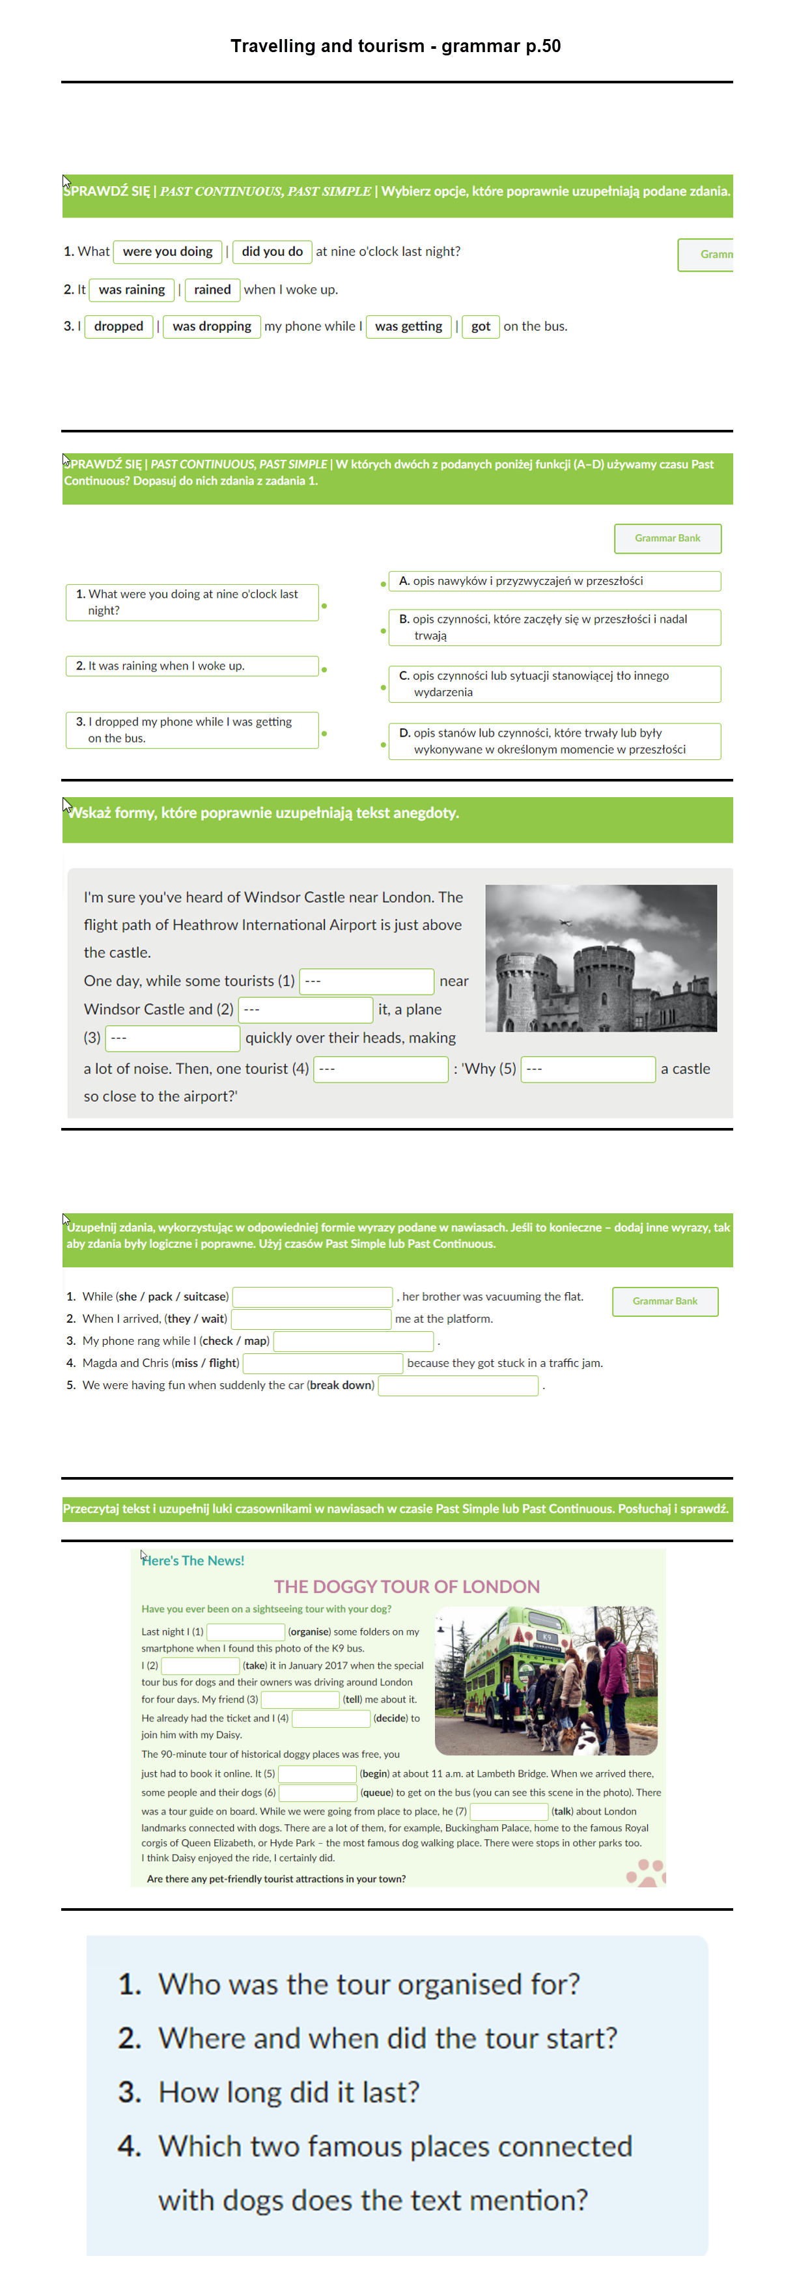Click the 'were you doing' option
click(167, 251)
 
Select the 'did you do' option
click(272, 251)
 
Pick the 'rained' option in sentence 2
click(212, 290)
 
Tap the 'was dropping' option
click(212, 327)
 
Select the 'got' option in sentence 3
click(481, 327)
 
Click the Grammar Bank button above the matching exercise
click(667, 539)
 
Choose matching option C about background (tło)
click(553, 684)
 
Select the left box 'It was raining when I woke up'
click(191, 666)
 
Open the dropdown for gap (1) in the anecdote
click(367, 981)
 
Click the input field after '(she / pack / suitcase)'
click(312, 1297)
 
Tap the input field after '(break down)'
click(458, 1385)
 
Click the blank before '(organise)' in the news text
click(245, 1632)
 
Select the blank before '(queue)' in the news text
click(318, 1793)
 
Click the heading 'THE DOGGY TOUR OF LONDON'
click(406, 1586)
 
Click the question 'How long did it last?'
click(288, 2092)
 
